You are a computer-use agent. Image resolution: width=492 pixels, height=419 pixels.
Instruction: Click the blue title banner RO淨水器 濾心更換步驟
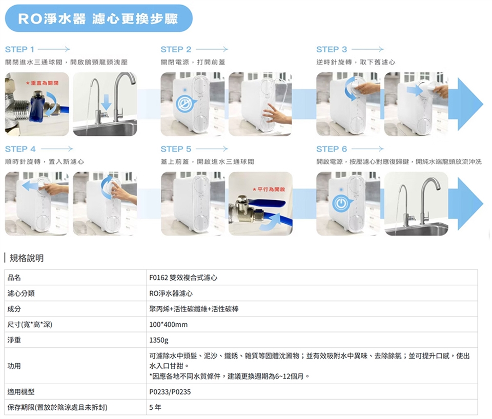pos(99,18)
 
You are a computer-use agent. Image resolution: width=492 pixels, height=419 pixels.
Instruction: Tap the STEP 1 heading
pos(19,50)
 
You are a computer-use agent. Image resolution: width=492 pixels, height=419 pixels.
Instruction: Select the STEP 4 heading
pos(20,149)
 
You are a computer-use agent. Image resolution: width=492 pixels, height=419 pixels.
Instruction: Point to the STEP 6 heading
pos(332,149)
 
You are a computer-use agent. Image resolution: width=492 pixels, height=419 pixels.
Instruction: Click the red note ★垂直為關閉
pos(42,83)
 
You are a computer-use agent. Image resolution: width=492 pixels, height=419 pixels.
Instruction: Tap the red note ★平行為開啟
pos(269,190)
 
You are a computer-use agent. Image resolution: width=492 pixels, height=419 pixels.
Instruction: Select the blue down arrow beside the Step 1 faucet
pos(106,102)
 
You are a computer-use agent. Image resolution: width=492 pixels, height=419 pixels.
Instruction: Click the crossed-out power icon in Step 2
pos(184,103)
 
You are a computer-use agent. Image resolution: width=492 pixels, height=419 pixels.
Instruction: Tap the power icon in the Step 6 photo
pos(341,203)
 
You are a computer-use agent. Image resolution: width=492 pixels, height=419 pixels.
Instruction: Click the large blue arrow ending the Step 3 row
pos(466,104)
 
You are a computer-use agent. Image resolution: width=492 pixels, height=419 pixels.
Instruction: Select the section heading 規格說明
pos(27,258)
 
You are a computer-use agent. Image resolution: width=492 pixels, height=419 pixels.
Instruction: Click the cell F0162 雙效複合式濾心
pos(183,278)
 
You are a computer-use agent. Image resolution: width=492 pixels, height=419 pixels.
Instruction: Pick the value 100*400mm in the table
pos(169,325)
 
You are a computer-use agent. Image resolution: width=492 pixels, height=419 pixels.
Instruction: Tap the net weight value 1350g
pos(159,340)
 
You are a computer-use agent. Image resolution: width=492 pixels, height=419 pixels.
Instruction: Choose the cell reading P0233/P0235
pos(170,392)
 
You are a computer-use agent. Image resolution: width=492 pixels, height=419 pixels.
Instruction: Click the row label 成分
pos(14,309)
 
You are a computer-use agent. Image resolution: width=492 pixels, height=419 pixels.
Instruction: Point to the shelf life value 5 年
pos(155,407)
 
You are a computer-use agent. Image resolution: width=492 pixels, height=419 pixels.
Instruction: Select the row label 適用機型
pos(21,392)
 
